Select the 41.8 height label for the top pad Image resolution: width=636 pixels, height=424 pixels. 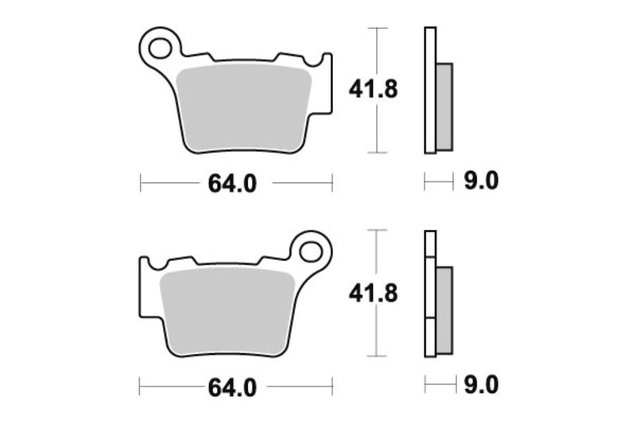point(373,89)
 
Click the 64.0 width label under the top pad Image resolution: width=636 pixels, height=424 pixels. point(232,184)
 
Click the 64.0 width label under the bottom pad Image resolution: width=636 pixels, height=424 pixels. point(232,388)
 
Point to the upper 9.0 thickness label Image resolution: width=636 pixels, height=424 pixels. point(480,182)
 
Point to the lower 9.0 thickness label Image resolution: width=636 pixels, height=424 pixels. point(480,386)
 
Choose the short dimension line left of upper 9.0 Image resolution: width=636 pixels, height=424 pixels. point(437,183)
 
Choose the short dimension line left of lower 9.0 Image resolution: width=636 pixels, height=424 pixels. point(437,386)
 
